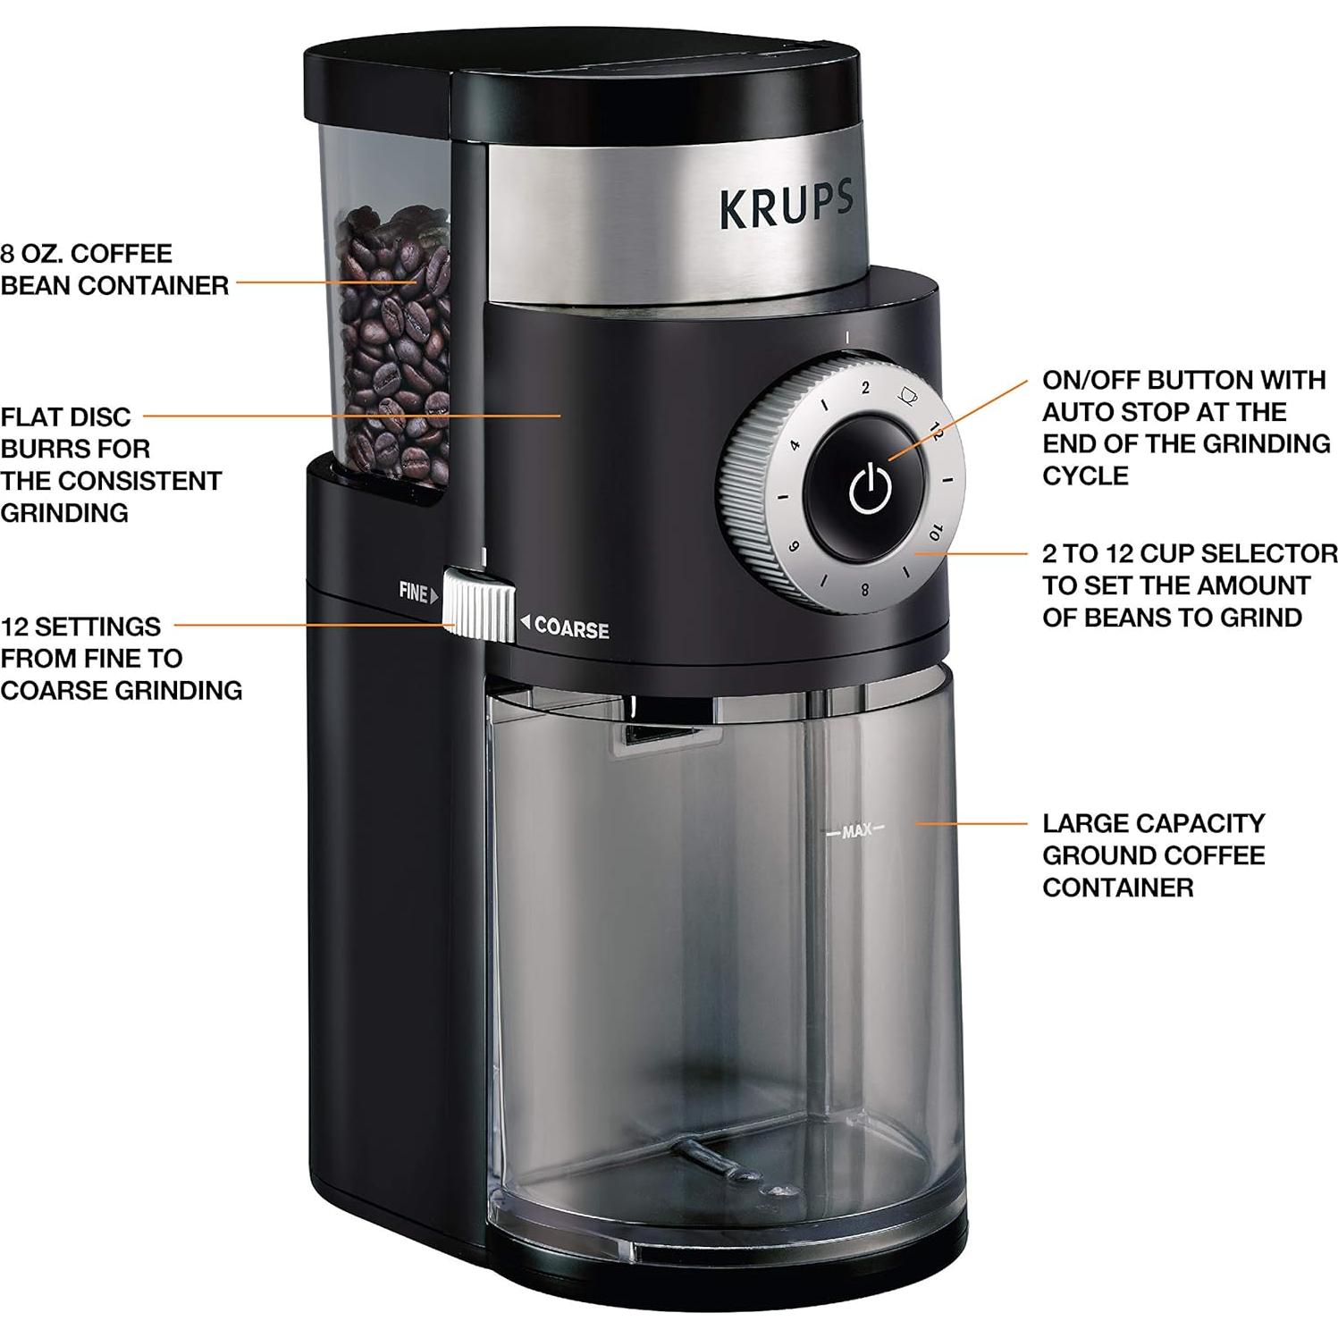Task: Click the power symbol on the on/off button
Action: (869, 489)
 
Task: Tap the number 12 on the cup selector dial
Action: (935, 432)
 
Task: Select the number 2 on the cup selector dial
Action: (865, 388)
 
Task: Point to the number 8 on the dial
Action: (864, 590)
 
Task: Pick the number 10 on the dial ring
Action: (935, 533)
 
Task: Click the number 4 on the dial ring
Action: (794, 444)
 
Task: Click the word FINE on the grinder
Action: (413, 592)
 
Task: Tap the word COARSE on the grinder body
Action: (571, 629)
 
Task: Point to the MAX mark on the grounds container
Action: (855, 831)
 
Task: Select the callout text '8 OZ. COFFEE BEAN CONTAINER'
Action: (114, 269)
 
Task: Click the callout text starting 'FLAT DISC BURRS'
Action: (110, 464)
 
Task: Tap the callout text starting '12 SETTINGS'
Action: (121, 658)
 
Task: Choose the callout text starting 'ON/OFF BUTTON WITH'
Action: (1185, 427)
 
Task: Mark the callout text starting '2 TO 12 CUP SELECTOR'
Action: (1189, 585)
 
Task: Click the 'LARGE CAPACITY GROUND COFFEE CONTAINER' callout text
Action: (1153, 854)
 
